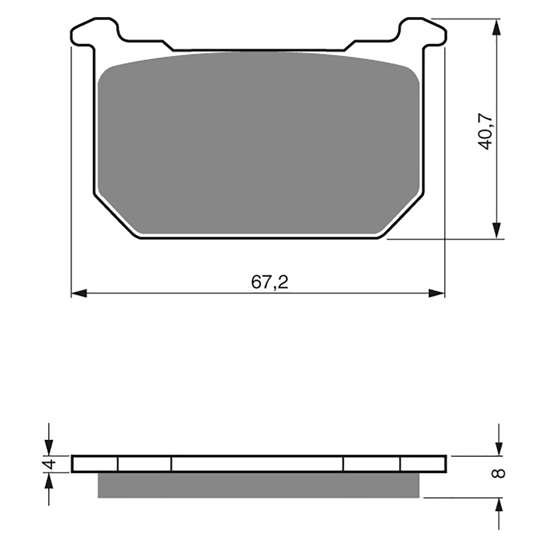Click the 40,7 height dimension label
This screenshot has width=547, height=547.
(x=486, y=131)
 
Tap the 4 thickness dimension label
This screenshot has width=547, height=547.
(x=50, y=464)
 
